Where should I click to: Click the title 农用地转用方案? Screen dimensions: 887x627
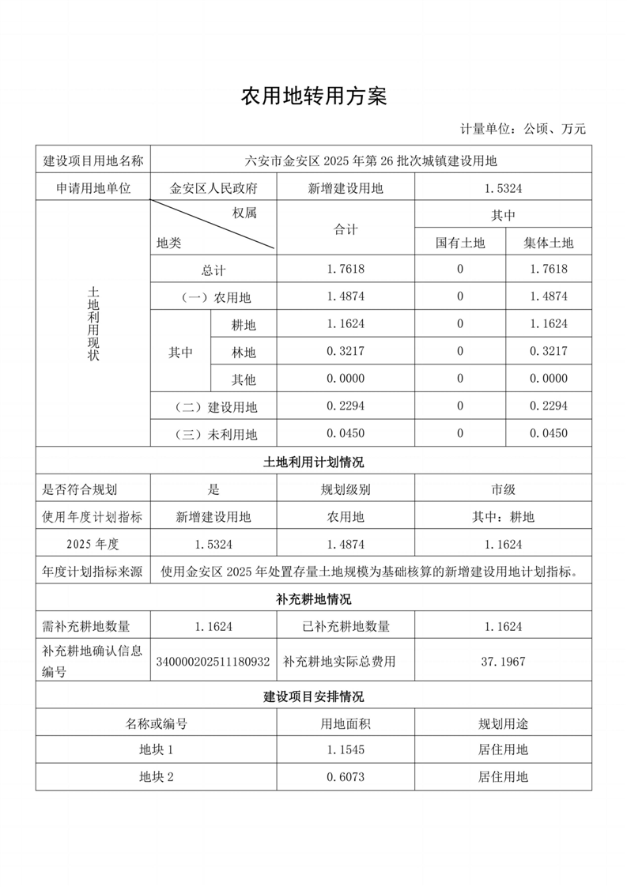[313, 96]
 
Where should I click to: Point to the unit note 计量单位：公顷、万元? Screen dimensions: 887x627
[523, 129]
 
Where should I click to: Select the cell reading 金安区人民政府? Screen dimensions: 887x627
[213, 188]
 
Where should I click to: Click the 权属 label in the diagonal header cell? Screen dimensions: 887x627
[244, 213]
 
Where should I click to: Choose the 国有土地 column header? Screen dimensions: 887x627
[460, 243]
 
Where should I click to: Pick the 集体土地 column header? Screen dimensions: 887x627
[549, 243]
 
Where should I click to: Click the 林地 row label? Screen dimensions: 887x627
[244, 352]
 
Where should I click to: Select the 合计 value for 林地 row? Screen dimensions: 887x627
[346, 352]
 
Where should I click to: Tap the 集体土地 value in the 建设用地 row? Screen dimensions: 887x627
[549, 406]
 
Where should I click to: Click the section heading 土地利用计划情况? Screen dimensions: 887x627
[313, 462]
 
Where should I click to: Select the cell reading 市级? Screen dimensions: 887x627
[503, 489]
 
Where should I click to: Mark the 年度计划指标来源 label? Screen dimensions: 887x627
[93, 572]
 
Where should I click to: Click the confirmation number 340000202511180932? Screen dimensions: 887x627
[213, 661]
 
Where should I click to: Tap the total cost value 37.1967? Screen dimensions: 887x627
[503, 661]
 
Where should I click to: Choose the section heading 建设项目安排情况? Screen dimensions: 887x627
[313, 696]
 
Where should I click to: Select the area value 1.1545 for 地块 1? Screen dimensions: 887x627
[346, 749]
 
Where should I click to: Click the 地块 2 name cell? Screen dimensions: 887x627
[156, 776]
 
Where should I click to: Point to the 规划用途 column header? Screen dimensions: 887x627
[503, 723]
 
